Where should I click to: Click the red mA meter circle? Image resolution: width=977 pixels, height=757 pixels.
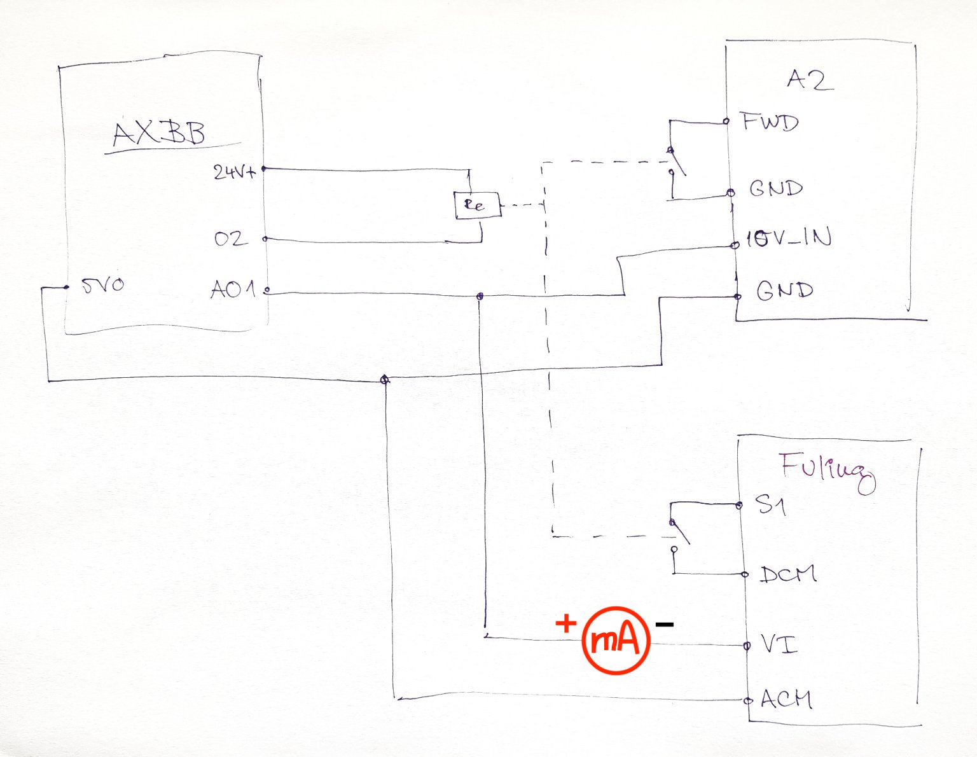pyautogui.click(x=616, y=641)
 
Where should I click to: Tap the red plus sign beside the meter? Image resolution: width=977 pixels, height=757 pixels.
pyautogui.click(x=565, y=623)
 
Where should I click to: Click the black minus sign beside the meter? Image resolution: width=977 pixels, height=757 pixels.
pyautogui.click(x=664, y=625)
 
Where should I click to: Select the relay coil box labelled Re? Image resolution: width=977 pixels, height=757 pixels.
pyautogui.click(x=476, y=205)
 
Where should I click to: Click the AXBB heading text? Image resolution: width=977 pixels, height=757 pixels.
pyautogui.click(x=159, y=134)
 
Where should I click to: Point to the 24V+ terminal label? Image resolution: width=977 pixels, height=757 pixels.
pyautogui.click(x=235, y=172)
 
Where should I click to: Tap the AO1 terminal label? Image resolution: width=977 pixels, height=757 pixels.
pyautogui.click(x=233, y=290)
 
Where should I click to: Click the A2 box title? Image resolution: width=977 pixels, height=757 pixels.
pyautogui.click(x=809, y=80)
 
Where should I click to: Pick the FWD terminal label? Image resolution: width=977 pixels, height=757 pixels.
pyautogui.click(x=770, y=122)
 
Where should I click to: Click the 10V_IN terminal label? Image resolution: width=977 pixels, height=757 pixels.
pyautogui.click(x=789, y=239)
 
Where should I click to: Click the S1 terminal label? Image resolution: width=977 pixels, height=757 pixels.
pyautogui.click(x=770, y=506)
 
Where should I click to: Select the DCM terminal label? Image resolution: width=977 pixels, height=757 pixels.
pyautogui.click(x=788, y=574)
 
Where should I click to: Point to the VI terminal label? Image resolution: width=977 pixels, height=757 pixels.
pyautogui.click(x=778, y=645)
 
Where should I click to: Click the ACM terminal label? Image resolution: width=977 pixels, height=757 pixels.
pyautogui.click(x=786, y=700)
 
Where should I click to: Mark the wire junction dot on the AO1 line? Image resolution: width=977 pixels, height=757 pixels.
pyautogui.click(x=480, y=296)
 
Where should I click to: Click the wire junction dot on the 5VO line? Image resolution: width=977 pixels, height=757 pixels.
pyautogui.click(x=384, y=380)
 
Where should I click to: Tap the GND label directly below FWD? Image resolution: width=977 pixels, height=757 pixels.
pyautogui.click(x=776, y=189)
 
